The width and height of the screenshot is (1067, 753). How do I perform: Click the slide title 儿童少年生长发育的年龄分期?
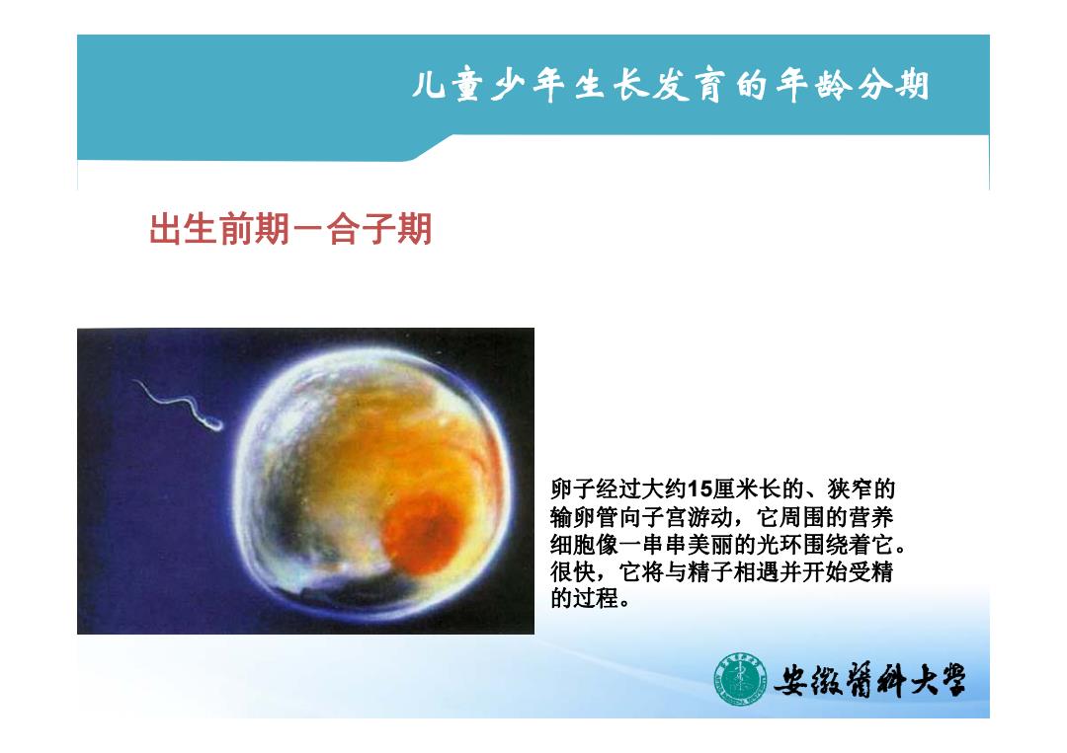click(x=670, y=86)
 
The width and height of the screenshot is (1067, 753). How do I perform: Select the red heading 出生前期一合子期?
click(x=290, y=229)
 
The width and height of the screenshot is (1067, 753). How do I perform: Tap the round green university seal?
click(x=740, y=679)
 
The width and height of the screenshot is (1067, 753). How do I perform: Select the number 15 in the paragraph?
click(x=699, y=489)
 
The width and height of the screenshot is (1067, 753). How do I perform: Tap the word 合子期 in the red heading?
click(x=379, y=229)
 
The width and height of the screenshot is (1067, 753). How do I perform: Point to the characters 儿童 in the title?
click(x=448, y=86)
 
